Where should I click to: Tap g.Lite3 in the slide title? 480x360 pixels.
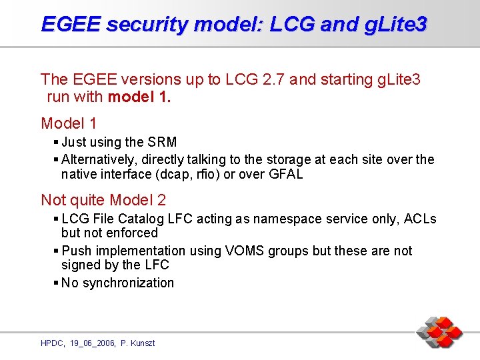pos(393,25)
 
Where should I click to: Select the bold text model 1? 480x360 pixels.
pos(139,97)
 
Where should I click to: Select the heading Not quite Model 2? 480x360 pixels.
pos(103,199)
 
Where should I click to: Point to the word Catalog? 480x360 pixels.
pos(137,219)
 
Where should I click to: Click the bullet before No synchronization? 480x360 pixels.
pos(56,283)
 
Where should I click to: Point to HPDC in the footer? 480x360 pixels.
pos(51,343)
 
